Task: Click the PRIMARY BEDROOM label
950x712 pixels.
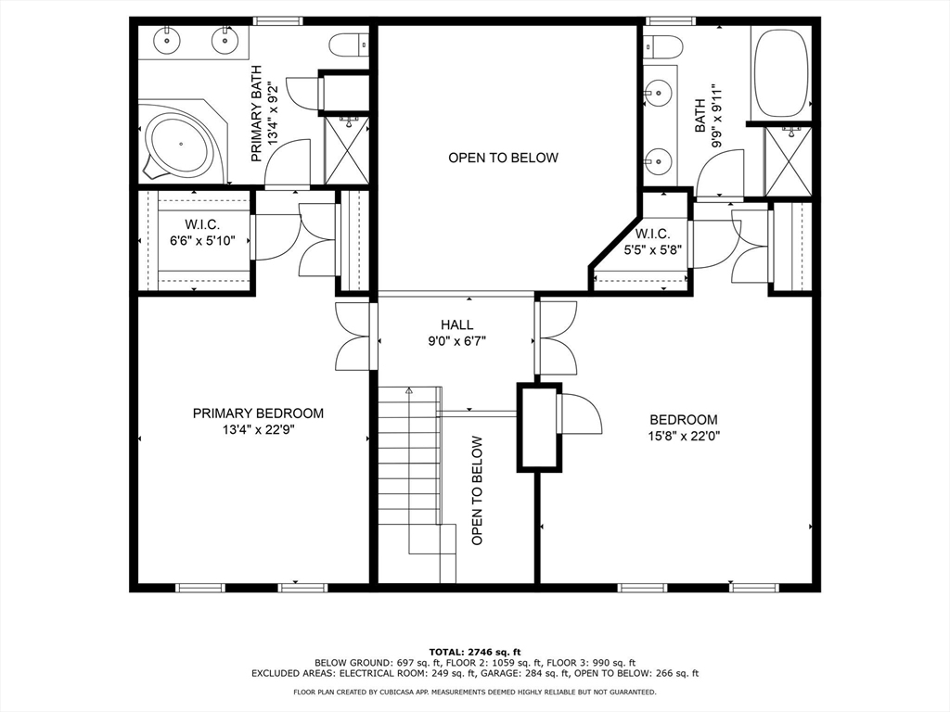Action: pos(258,413)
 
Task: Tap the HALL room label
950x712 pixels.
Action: pos(457,325)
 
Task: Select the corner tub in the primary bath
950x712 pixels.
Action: pos(182,143)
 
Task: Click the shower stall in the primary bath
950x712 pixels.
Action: pos(348,151)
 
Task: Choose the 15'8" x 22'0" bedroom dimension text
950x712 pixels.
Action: pos(684,436)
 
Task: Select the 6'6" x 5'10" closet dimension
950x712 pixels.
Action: pos(202,240)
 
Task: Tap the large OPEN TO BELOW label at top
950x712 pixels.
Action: pos(503,158)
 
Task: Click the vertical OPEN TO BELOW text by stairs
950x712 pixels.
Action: pos(478,490)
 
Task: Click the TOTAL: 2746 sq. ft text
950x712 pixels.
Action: pos(475,652)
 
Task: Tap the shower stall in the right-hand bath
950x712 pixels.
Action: pos(789,159)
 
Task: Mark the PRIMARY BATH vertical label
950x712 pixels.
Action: pos(256,113)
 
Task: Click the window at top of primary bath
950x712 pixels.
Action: pos(277,21)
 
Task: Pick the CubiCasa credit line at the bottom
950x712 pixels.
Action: pos(475,692)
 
